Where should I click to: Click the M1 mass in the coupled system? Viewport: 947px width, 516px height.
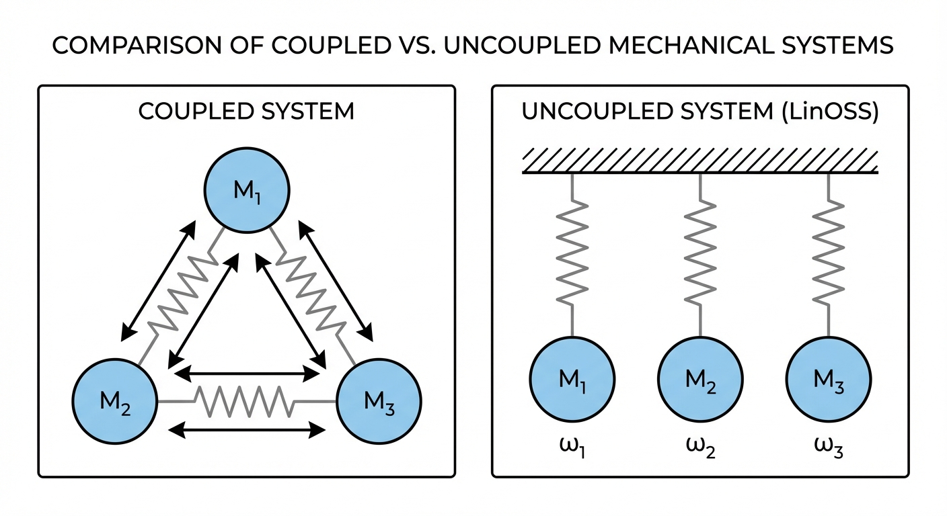(247, 191)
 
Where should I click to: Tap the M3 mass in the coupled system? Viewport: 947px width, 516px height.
(379, 401)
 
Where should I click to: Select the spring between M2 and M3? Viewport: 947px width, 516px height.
(245, 401)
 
